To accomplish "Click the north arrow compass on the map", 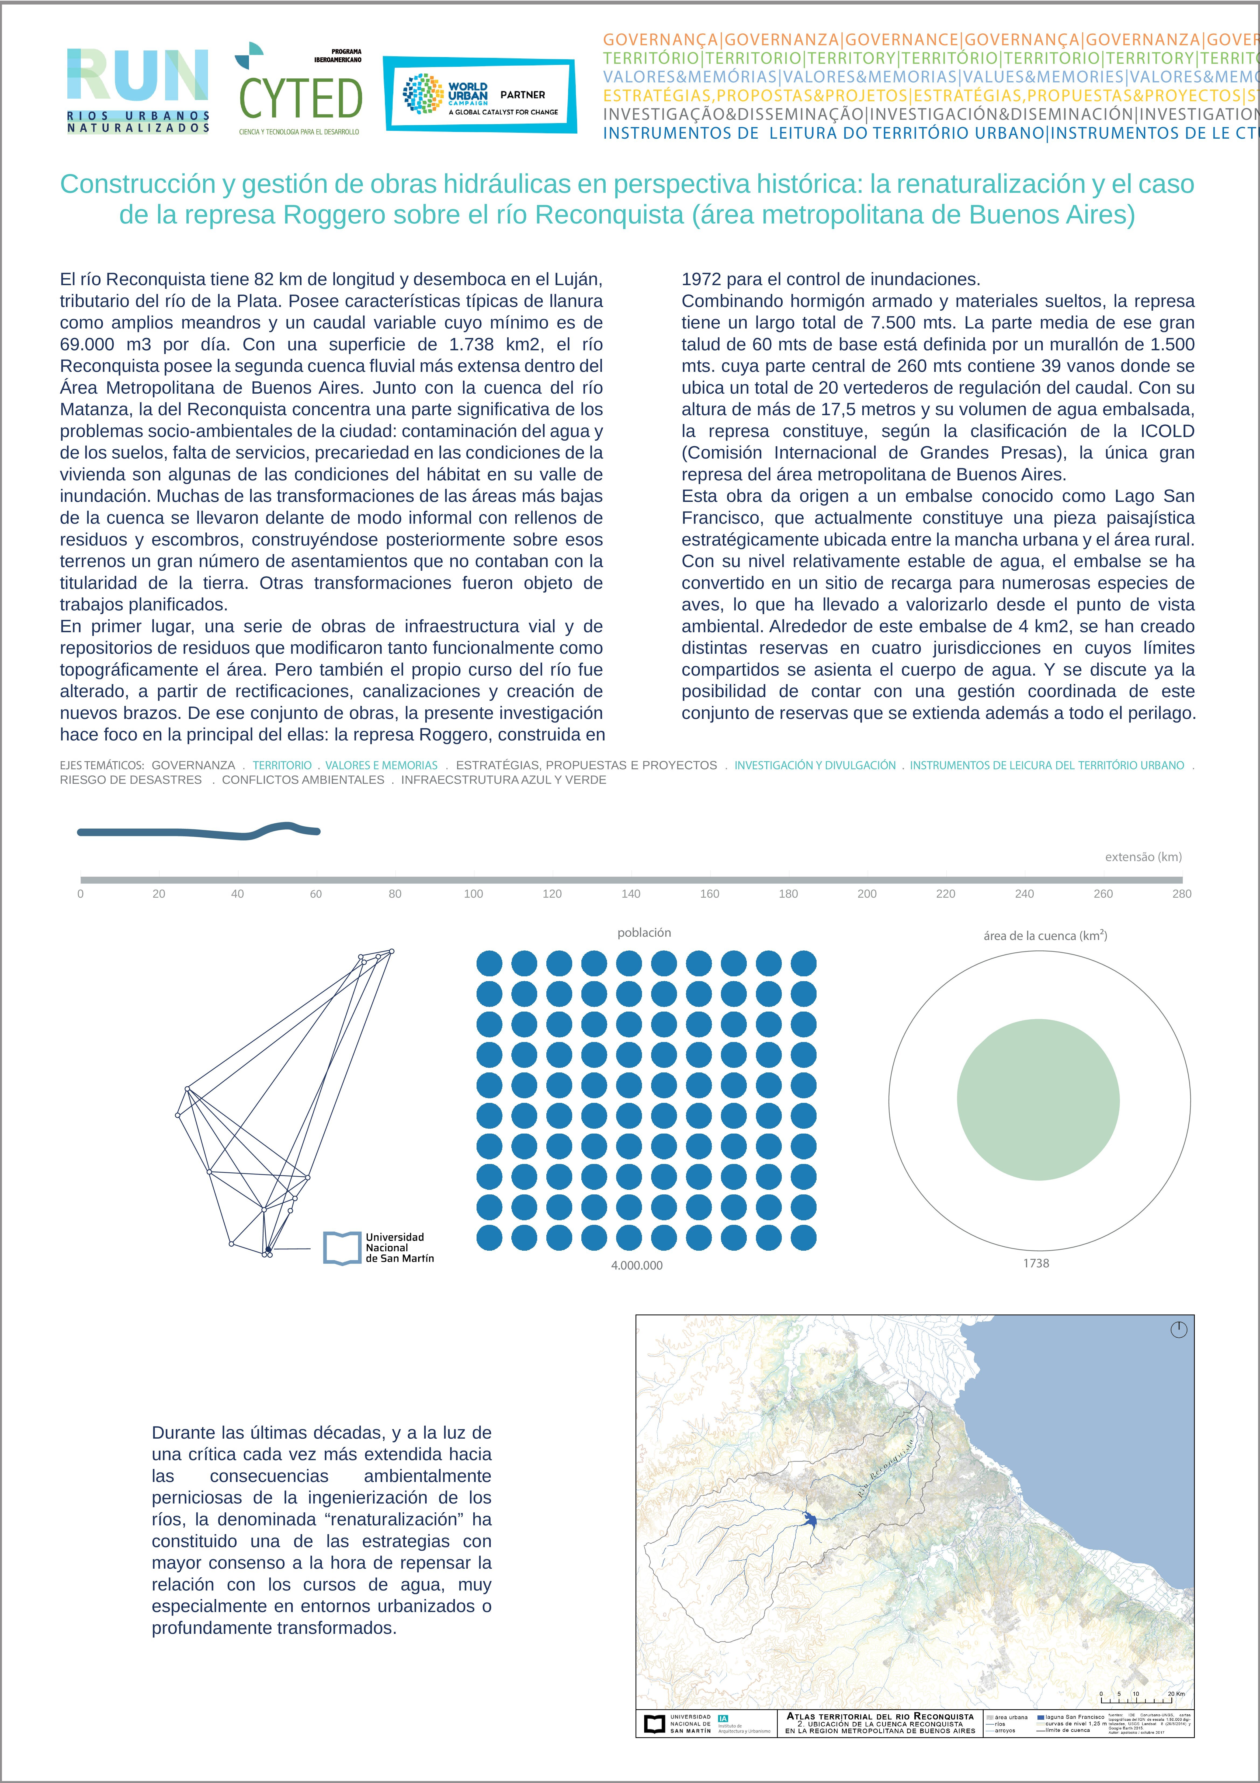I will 1178,1330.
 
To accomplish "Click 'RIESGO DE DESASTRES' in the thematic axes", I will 130,780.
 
